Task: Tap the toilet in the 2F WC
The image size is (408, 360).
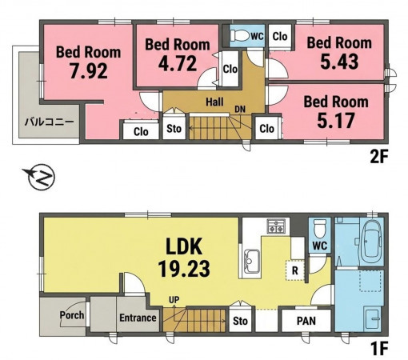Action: (x=240, y=35)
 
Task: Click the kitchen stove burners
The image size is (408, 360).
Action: (x=276, y=226)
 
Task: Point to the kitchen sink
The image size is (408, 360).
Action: (x=251, y=262)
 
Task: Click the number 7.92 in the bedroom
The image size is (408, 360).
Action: (x=89, y=71)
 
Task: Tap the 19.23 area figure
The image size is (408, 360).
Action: (x=184, y=269)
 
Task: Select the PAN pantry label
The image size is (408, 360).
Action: (x=306, y=321)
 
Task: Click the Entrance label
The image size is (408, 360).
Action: (x=138, y=318)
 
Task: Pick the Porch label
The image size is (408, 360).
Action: (x=72, y=315)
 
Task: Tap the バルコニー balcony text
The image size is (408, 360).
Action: (x=50, y=122)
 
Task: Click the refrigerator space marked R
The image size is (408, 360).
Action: (x=295, y=270)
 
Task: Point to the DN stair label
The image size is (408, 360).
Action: (x=240, y=110)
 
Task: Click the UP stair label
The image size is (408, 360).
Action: (x=174, y=300)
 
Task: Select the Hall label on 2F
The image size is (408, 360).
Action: (x=214, y=102)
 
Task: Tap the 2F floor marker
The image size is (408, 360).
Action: (x=378, y=157)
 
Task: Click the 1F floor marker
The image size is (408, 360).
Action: (x=378, y=349)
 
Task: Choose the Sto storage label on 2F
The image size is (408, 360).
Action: (x=174, y=129)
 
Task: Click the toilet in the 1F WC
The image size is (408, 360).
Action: (x=319, y=228)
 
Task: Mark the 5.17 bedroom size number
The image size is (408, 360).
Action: (x=336, y=121)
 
